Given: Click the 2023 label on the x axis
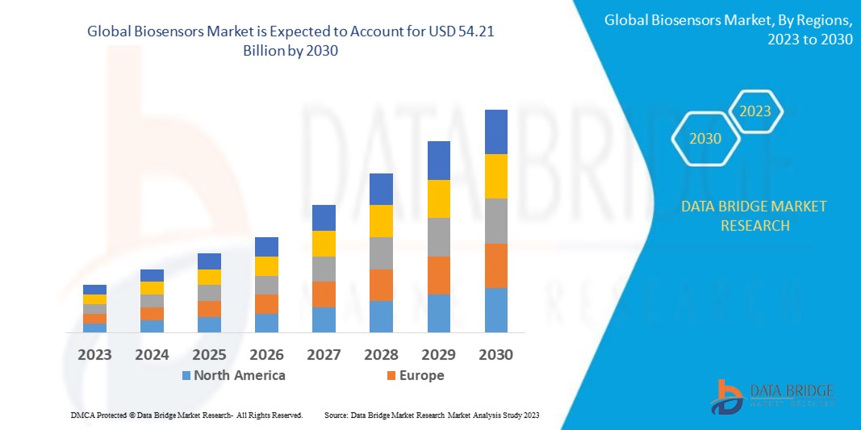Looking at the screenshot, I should (95, 354).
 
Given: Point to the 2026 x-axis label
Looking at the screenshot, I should (266, 354).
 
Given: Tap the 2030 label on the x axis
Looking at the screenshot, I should (495, 354).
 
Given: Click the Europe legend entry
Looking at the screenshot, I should (415, 375).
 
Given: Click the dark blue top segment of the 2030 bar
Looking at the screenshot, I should (495, 132).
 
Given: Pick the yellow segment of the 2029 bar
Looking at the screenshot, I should (438, 198).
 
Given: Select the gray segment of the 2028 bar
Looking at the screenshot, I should (381, 253).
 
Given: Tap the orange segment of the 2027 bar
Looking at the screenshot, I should (324, 294).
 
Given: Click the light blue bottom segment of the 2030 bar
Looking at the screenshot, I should (495, 310).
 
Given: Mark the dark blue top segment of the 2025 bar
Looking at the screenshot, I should (209, 261).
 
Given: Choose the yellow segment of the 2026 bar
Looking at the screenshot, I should (266, 266).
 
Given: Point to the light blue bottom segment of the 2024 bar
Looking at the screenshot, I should (152, 326).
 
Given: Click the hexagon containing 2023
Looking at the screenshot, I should (755, 111).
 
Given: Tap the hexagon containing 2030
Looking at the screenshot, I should (705, 139).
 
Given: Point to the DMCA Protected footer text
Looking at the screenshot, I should (186, 415).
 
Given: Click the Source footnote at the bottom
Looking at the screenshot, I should (431, 415).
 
